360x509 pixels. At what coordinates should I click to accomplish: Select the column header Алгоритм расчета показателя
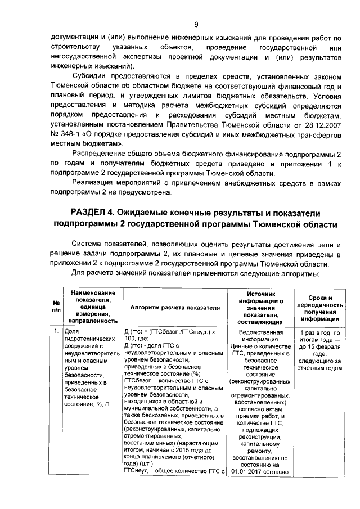coord(175,308)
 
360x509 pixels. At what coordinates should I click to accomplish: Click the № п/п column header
coord(56,308)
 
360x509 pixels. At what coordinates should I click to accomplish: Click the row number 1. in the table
coord(56,332)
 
